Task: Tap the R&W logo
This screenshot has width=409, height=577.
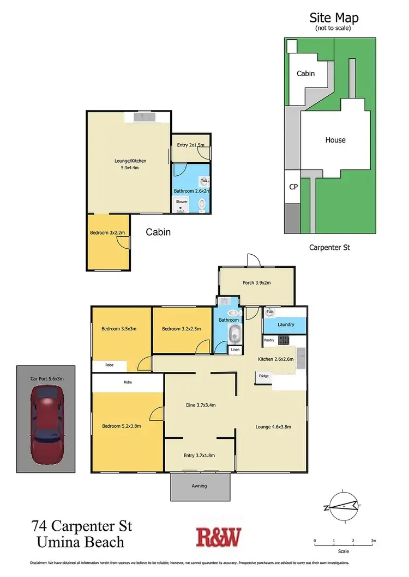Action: point(218,537)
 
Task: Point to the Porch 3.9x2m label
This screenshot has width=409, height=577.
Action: point(256,283)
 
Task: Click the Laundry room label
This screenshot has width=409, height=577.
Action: point(286,325)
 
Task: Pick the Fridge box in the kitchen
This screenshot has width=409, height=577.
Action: point(264,376)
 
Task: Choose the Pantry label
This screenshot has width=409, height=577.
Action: point(269,340)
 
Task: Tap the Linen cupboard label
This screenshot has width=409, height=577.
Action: point(235,349)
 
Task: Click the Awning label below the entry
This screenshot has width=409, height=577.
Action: point(200,486)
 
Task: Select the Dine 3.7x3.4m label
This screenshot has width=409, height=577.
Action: point(200,404)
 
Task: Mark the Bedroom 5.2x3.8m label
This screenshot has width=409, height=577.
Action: point(122,426)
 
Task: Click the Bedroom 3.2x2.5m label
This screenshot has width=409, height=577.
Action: point(181,329)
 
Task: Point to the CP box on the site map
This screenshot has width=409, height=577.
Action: point(293,187)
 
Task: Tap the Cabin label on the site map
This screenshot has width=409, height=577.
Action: point(305,73)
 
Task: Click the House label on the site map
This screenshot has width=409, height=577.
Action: point(335,140)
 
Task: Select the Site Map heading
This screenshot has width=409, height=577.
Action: point(334,19)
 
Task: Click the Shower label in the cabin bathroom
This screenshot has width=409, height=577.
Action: point(182,202)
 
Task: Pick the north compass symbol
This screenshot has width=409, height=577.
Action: point(341,507)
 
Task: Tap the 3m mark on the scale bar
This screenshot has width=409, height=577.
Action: point(373,541)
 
